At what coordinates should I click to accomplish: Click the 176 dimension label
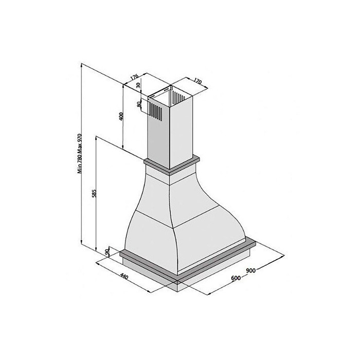tap(134, 77)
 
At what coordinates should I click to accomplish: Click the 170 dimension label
tap(197, 81)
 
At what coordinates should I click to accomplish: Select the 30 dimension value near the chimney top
tap(138, 85)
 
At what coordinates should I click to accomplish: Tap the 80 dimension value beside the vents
tap(139, 104)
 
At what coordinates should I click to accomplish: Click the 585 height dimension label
tap(94, 193)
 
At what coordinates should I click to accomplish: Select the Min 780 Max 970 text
tap(79, 153)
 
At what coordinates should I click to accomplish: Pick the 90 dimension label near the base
tap(107, 252)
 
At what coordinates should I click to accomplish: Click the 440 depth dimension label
tap(124, 277)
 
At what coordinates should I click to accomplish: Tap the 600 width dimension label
tap(236, 278)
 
